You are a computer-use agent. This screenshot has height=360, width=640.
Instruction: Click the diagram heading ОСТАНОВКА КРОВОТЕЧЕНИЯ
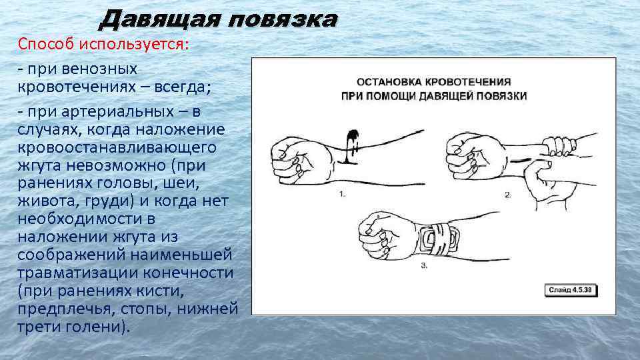(x=433, y=82)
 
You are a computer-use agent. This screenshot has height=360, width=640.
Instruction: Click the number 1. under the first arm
(x=343, y=194)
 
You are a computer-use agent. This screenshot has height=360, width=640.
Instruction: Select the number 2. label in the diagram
(x=508, y=195)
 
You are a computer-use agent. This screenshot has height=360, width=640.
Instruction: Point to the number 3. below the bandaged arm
(x=424, y=265)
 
